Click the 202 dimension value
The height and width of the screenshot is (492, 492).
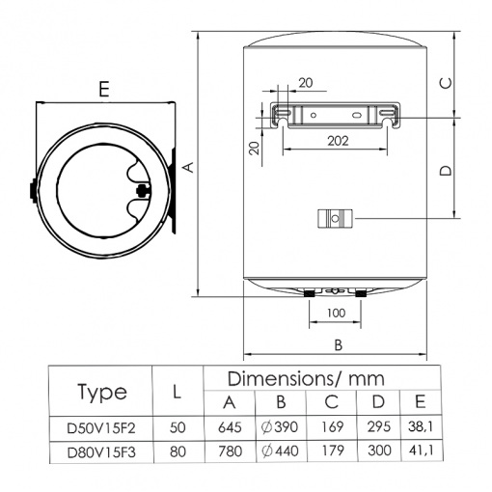pos(338,141)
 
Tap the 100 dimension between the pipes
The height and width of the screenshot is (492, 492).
pos(336,313)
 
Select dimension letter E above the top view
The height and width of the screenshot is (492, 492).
pos(104,89)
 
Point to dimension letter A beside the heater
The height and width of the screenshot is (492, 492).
pos(189,167)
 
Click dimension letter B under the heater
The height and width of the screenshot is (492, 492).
pos(338,345)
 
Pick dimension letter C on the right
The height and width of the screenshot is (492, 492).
pos(446,83)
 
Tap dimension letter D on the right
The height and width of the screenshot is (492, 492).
pos(446,170)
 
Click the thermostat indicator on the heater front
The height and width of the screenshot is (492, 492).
pos(335,219)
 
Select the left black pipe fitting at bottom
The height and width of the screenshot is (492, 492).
pos(310,293)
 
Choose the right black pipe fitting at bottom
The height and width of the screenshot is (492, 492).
pos(361,293)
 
